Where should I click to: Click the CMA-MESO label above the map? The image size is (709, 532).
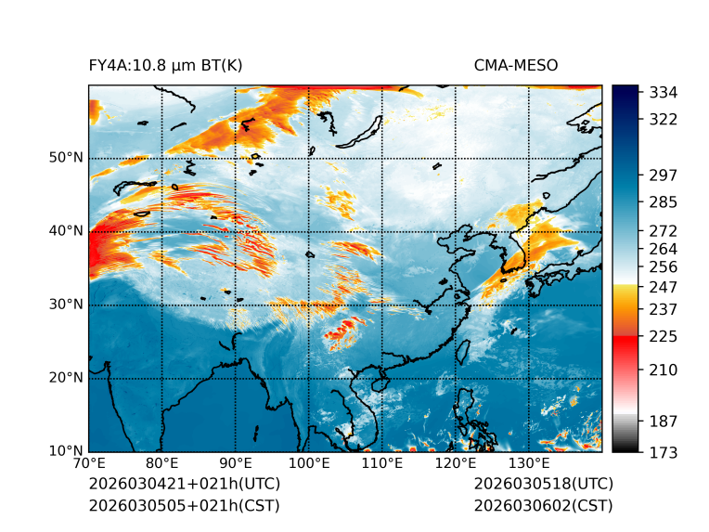point(515,65)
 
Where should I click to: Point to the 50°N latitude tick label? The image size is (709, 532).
point(66,157)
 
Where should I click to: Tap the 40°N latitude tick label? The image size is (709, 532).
point(66,230)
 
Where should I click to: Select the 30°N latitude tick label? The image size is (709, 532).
point(66,304)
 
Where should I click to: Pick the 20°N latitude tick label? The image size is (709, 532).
point(66,378)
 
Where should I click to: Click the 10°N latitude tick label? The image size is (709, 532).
point(66,451)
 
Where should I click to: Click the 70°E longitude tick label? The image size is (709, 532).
point(89,463)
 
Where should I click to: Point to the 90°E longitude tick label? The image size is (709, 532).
point(236,463)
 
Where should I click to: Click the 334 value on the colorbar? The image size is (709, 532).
point(663,92)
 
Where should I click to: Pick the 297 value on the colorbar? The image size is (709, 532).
point(663,175)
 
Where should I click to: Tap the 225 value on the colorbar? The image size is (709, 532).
point(663,335)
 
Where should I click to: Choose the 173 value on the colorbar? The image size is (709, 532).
point(663,452)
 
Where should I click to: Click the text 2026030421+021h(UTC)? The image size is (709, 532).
point(184,484)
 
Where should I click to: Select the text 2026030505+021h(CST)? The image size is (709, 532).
point(184,505)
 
